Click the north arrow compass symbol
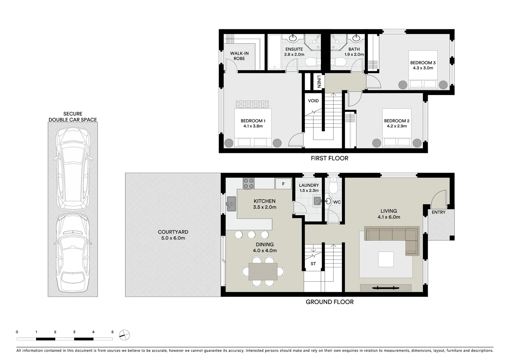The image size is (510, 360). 124,335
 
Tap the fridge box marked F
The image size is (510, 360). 283,184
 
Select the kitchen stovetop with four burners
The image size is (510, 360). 248,183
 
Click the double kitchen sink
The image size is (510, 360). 231,204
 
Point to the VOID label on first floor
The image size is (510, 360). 313,101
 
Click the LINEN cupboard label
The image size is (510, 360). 319,82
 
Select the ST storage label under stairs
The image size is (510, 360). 313,264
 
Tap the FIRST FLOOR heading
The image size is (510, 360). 329,158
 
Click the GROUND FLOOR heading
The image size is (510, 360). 330,302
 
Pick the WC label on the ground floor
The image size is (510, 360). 337,202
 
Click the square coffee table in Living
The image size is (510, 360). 386,259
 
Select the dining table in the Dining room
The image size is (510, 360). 263,271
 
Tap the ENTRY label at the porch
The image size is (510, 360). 438,212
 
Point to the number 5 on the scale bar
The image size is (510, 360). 112,332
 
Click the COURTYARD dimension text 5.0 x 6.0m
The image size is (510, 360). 173,238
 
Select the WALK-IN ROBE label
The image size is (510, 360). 239,56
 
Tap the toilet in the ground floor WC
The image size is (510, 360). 333,186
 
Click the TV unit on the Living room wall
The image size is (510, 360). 386,287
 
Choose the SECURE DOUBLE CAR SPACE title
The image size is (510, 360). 73,117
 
